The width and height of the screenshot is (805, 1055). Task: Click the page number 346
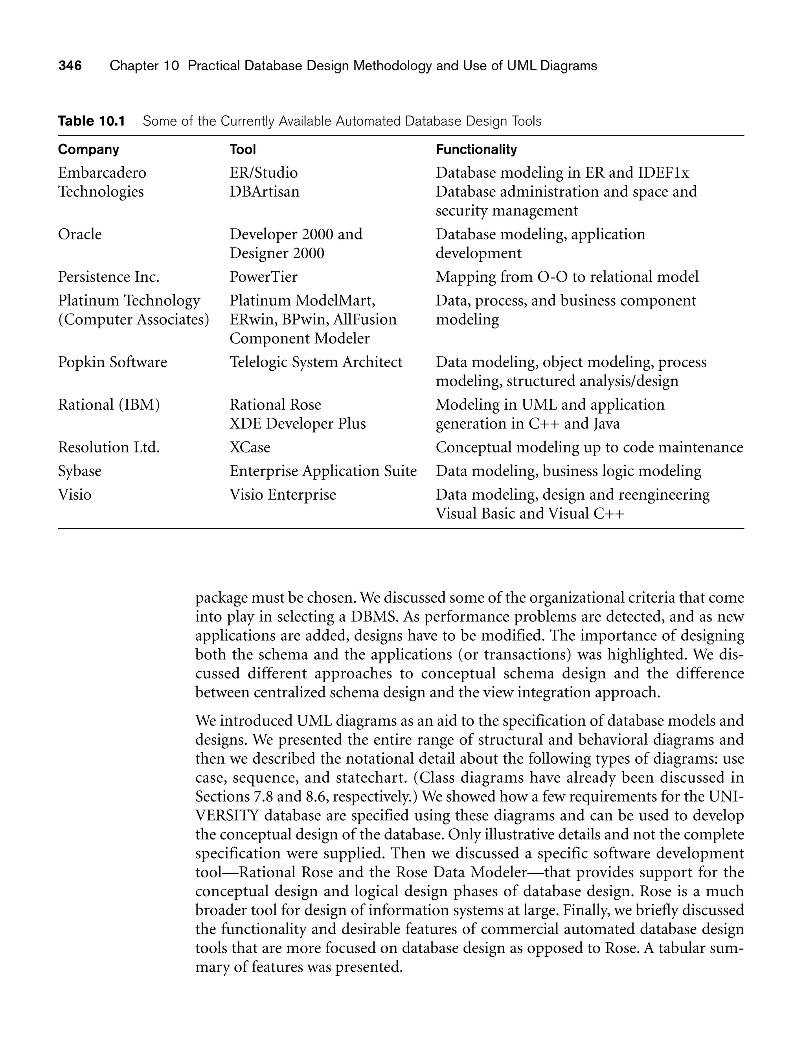(70, 66)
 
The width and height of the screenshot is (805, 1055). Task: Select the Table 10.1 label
(91, 121)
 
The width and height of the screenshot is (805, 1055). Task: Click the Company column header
(88, 149)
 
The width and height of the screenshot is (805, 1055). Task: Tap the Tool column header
(243, 149)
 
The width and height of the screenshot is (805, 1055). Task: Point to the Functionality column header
(476, 149)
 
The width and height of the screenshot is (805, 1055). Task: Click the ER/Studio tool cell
(263, 173)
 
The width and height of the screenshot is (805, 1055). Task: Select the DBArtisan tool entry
(264, 192)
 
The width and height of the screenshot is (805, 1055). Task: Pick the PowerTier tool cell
(263, 277)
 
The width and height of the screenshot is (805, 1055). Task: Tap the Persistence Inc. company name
(108, 277)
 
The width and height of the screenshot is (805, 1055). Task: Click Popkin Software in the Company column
(112, 362)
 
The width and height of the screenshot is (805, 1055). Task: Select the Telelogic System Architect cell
(316, 362)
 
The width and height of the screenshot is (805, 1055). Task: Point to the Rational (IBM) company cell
(108, 405)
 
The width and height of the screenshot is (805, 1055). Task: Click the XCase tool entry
(250, 447)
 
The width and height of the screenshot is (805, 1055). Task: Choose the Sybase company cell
(79, 471)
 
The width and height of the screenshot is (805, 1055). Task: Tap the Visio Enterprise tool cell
(283, 494)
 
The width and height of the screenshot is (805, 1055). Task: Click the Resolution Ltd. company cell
(108, 447)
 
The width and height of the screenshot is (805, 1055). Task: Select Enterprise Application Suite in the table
(323, 471)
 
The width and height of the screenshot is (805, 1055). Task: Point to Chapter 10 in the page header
(144, 66)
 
